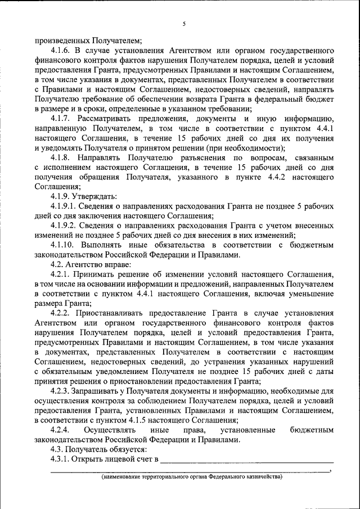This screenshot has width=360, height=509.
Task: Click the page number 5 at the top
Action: click(x=184, y=24)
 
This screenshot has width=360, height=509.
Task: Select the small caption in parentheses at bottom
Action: click(x=191, y=478)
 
